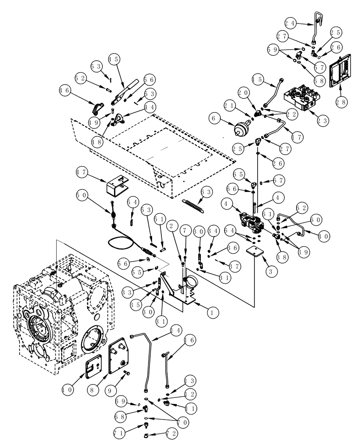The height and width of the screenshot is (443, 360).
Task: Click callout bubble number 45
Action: pyautogui.click(x=113, y=59)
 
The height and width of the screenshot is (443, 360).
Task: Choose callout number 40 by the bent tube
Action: pyautogui.click(x=323, y=236)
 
